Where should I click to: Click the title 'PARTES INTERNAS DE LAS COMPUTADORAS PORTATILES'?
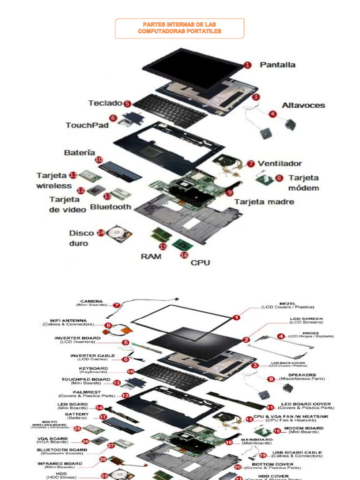click(180, 28)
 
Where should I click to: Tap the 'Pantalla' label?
click(277, 65)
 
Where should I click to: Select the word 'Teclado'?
click(105, 103)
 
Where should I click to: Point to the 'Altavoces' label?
click(303, 105)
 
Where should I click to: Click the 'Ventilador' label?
click(280, 164)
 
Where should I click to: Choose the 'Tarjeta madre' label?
click(264, 202)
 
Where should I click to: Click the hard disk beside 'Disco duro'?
click(119, 233)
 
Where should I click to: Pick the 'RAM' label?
click(151, 256)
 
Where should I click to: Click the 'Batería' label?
click(79, 153)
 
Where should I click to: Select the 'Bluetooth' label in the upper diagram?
click(111, 207)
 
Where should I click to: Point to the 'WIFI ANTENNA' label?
click(68, 321)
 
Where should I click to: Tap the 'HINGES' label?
click(310, 333)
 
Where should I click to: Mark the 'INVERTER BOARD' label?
click(77, 338)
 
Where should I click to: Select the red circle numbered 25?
click(77, 428)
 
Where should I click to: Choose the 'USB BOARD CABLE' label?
click(297, 453)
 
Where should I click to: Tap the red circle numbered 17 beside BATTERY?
click(103, 416)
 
